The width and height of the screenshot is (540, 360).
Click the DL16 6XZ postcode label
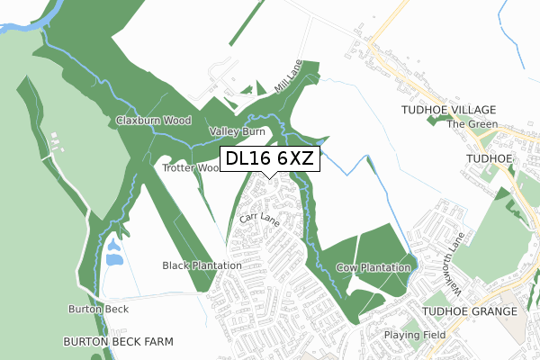pyautogui.click(x=269, y=158)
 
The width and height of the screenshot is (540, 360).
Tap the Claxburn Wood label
pyautogui.click(x=152, y=120)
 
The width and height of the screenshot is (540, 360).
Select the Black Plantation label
pyautogui.click(x=202, y=265)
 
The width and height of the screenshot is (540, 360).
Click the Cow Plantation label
pyautogui.click(x=373, y=268)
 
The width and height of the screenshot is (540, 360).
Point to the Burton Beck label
pyautogui.click(x=98, y=309)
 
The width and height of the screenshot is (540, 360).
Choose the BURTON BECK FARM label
pyautogui.click(x=117, y=343)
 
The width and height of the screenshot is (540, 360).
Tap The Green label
pyautogui.click(x=472, y=124)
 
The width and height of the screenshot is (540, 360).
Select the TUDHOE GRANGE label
pyautogui.click(x=473, y=311)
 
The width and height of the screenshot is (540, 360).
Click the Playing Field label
pyautogui.click(x=415, y=335)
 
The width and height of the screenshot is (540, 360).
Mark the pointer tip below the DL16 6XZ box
pyautogui.click(x=269, y=177)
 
